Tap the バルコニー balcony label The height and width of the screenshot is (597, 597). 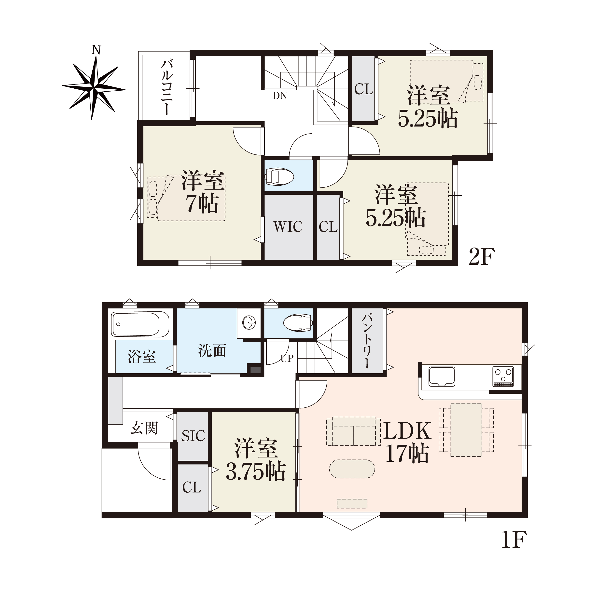pyautogui.click(x=167, y=87)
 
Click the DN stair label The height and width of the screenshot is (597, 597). pyautogui.click(x=280, y=96)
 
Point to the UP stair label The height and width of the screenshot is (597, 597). pyautogui.click(x=287, y=359)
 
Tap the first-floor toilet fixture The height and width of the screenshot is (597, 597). pyautogui.click(x=298, y=323)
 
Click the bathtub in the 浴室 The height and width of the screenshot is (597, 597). pyautogui.click(x=140, y=324)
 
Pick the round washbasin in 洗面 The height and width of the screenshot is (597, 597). pyautogui.click(x=249, y=323)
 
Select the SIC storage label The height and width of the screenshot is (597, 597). pyautogui.click(x=193, y=436)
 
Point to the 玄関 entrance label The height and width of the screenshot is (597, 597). pyautogui.click(x=144, y=428)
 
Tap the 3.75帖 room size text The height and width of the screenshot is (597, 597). pyautogui.click(x=256, y=472)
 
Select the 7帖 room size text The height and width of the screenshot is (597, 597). pyautogui.click(x=202, y=203)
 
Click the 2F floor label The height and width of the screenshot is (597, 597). pyautogui.click(x=482, y=257)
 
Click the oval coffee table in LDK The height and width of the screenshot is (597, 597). pyautogui.click(x=352, y=469)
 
